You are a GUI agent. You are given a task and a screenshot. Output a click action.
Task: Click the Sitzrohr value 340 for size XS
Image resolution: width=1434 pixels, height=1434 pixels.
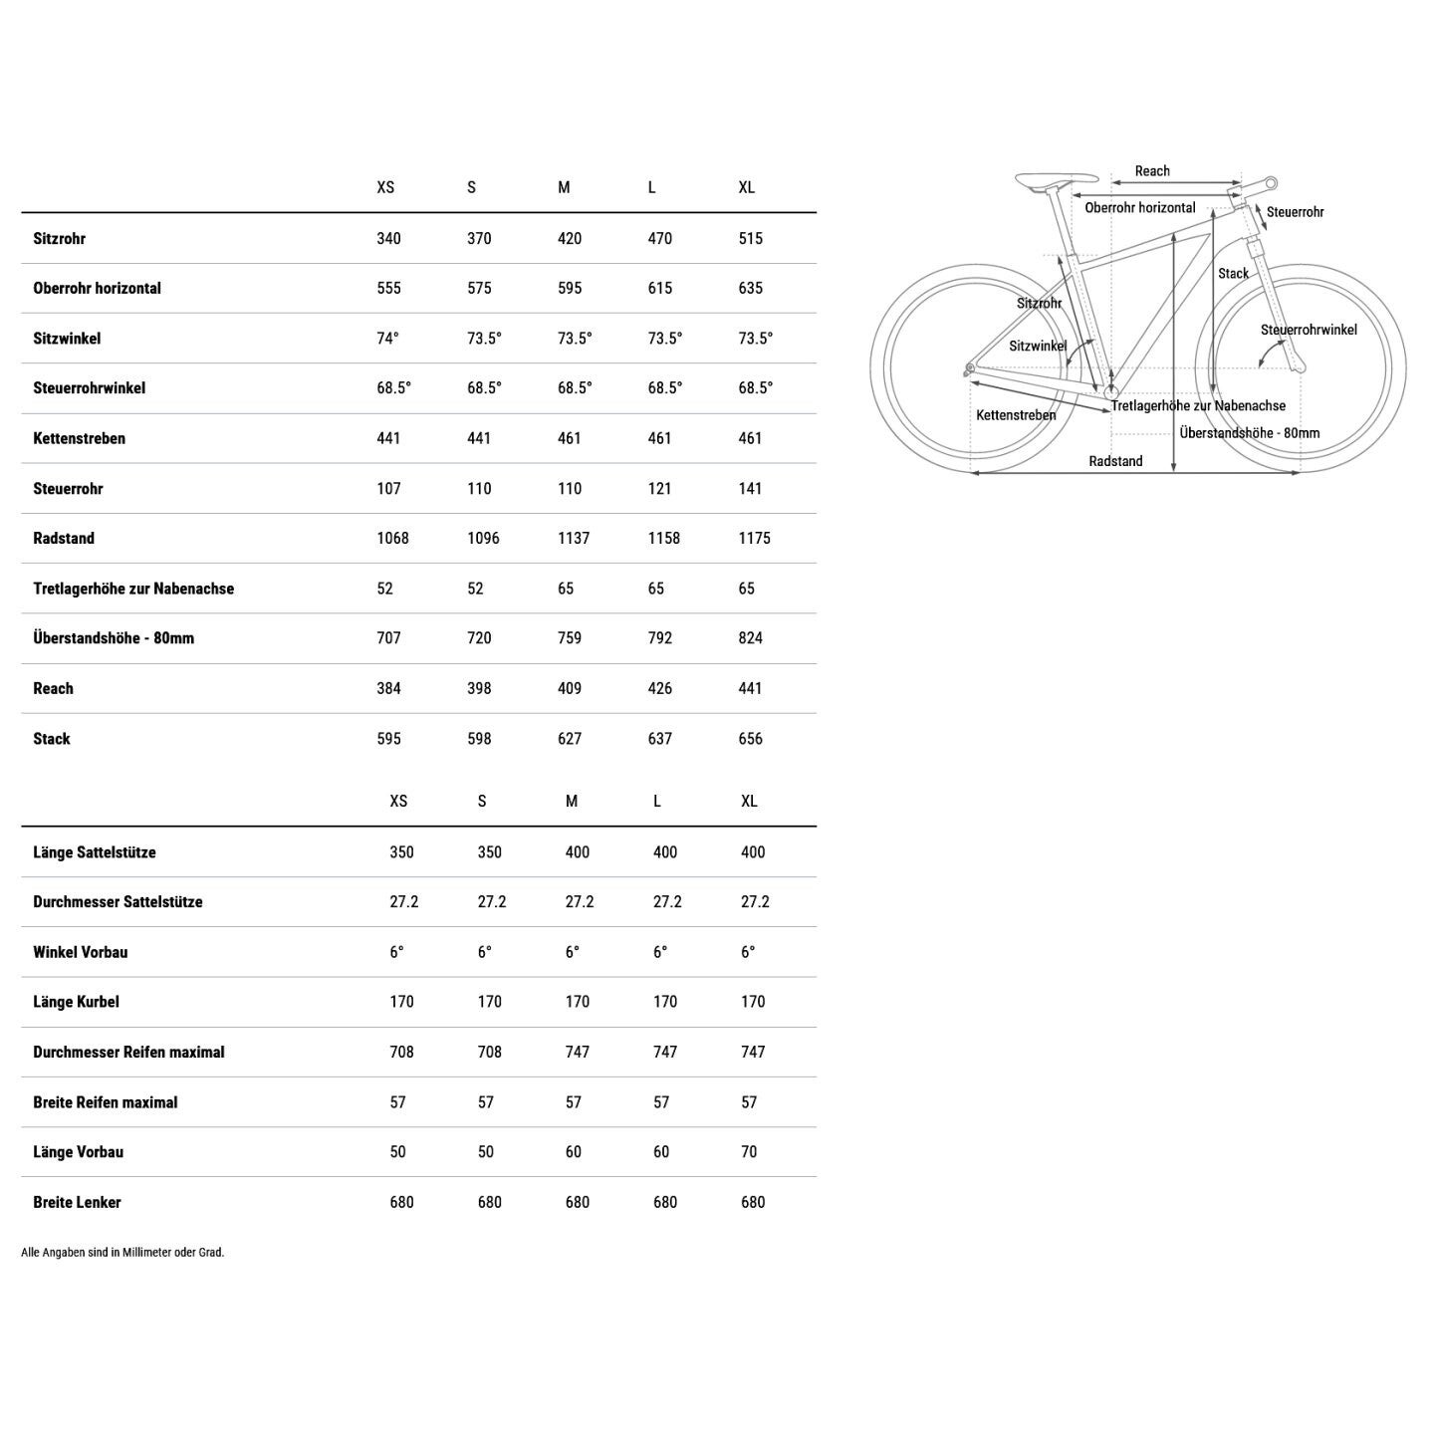click(x=388, y=238)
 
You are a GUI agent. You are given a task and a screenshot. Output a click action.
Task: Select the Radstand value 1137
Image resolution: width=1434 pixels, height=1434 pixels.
click(x=574, y=538)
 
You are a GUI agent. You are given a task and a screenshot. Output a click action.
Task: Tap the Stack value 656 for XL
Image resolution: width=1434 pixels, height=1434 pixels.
click(x=750, y=738)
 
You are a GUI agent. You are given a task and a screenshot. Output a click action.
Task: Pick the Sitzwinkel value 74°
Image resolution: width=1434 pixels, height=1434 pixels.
click(x=387, y=338)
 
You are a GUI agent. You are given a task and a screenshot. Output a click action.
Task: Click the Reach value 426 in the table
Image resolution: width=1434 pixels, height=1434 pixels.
click(x=659, y=688)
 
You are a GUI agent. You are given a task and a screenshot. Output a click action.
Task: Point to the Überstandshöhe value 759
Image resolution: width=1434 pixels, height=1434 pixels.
click(x=570, y=637)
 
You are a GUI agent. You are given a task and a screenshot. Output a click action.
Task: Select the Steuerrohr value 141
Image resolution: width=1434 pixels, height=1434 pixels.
click(x=750, y=488)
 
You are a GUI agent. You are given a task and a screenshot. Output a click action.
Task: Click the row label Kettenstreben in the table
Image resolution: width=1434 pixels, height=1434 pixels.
click(x=79, y=438)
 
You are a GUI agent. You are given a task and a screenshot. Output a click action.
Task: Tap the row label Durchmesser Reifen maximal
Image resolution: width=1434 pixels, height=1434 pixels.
click(x=128, y=1052)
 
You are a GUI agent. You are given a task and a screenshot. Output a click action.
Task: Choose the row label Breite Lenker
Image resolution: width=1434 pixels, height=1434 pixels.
click(x=77, y=1202)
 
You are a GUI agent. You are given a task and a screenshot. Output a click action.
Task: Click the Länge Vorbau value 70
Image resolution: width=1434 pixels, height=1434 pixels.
click(x=749, y=1151)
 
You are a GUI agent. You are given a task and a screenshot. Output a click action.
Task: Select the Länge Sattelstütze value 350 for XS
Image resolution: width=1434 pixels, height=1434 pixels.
click(x=401, y=851)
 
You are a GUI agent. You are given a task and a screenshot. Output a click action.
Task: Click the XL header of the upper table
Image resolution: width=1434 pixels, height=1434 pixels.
click(x=747, y=187)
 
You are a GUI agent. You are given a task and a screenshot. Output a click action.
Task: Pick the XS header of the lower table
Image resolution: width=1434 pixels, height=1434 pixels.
click(x=398, y=801)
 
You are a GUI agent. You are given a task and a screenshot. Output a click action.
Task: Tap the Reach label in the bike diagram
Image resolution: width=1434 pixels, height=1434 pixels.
click(x=1152, y=171)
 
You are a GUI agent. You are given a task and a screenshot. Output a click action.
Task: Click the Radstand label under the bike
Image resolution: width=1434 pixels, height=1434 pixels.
click(x=1115, y=461)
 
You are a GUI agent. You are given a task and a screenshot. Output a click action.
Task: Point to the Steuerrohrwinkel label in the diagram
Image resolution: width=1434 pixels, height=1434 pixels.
click(x=1309, y=330)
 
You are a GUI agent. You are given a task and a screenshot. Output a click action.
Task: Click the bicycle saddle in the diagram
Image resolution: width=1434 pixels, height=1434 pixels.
click(x=1054, y=180)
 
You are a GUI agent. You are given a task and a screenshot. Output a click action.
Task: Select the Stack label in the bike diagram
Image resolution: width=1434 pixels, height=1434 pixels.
click(x=1233, y=273)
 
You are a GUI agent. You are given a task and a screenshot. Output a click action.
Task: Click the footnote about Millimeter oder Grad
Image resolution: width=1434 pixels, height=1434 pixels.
click(x=122, y=1252)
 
